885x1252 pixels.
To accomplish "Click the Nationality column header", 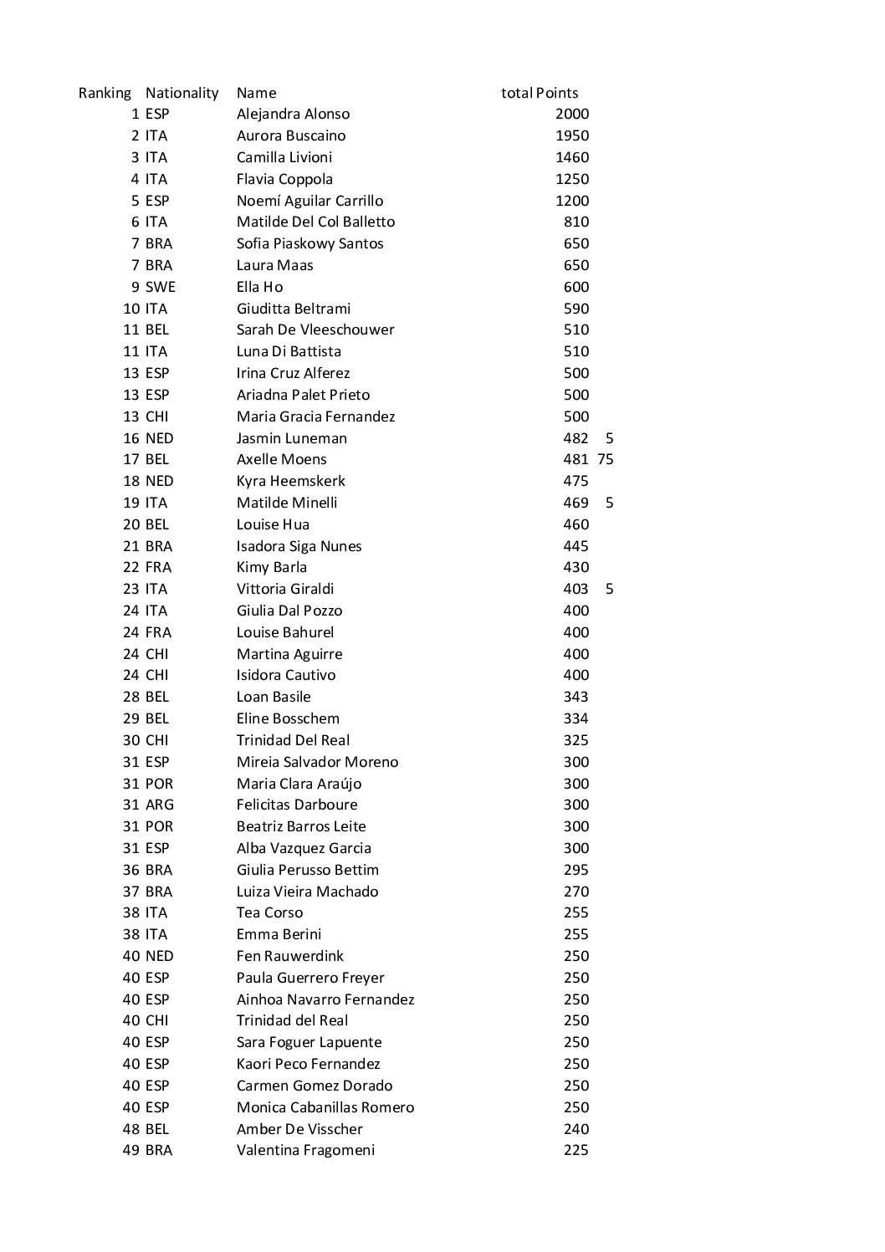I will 182,93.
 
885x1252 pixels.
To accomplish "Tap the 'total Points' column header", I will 540,93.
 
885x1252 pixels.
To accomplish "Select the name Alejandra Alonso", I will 293,115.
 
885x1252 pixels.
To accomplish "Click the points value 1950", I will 572,135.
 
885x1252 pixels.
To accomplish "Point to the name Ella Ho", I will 259,287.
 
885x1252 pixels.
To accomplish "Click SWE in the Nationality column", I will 160,287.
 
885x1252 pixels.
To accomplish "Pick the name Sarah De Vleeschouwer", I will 315,330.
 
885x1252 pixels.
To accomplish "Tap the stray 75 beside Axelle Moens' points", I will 606,459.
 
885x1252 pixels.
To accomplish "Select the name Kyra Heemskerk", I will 290,481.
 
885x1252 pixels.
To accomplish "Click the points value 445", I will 576,546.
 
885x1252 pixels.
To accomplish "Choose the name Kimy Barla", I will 271,567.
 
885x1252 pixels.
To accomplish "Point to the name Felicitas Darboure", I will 297,805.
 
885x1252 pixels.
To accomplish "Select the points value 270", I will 576,892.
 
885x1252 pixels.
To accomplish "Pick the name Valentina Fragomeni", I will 305,1150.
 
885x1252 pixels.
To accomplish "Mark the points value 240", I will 576,1129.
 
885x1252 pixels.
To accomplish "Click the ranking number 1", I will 135,115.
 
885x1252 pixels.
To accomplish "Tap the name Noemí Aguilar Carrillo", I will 309,201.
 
